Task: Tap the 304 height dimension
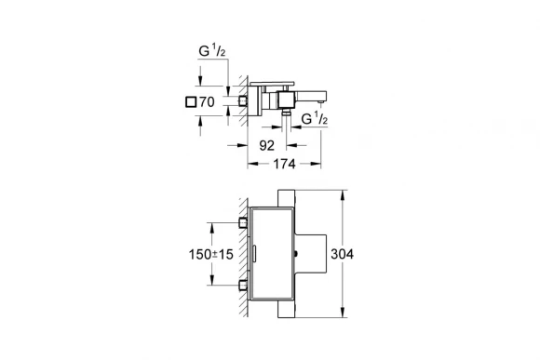click(369, 254)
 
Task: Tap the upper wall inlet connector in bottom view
click(244, 222)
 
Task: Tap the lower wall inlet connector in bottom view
click(244, 284)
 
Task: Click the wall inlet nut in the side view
click(245, 99)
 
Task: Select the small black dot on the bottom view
click(295, 254)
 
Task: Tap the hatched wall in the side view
click(237, 98)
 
